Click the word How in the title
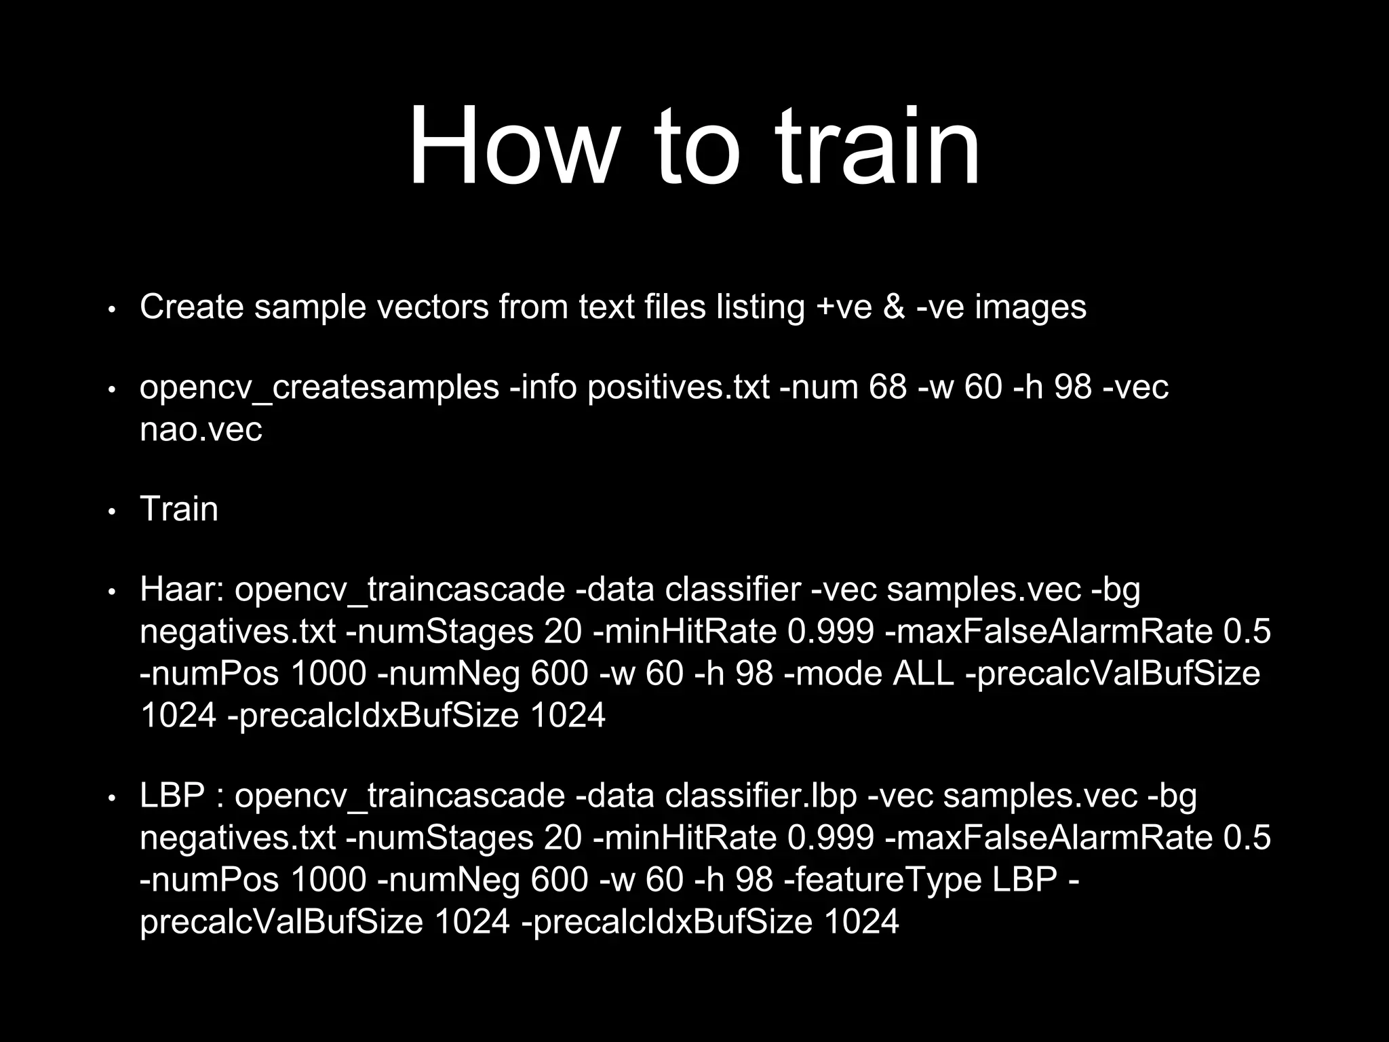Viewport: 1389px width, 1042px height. point(512,147)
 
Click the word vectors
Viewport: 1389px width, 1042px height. point(432,307)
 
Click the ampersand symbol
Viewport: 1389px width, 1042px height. point(894,307)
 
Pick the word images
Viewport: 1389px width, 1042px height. point(1030,307)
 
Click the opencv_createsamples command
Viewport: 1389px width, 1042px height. point(319,388)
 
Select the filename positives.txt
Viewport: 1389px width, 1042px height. point(679,387)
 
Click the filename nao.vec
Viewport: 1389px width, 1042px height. point(201,429)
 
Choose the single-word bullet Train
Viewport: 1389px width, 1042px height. point(179,509)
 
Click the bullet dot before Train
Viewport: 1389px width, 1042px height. point(113,512)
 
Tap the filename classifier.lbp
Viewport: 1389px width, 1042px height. point(761,795)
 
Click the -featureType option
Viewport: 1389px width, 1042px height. point(882,879)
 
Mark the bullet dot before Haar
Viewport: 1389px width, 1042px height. point(113,592)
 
